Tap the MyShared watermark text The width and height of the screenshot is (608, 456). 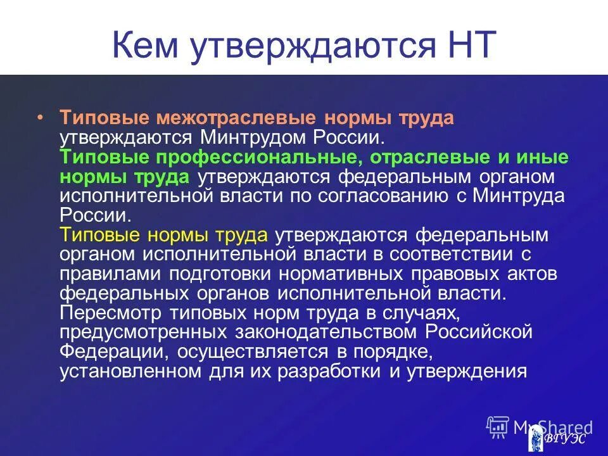click(x=551, y=427)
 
